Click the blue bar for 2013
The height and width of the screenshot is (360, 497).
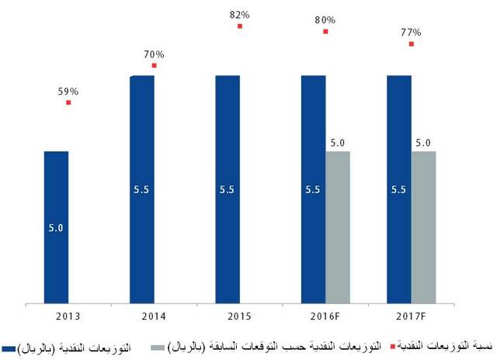(56, 226)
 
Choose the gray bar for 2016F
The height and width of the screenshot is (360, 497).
(338, 226)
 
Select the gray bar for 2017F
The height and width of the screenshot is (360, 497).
(423, 226)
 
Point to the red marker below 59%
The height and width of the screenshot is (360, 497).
(68, 102)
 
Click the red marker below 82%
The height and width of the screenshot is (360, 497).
(240, 26)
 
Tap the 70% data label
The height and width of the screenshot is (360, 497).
(154, 54)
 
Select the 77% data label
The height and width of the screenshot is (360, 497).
(411, 33)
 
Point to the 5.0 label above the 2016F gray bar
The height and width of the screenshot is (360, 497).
(338, 143)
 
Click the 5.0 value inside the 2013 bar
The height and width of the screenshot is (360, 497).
(56, 227)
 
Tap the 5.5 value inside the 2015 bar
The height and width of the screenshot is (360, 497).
(228, 189)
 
